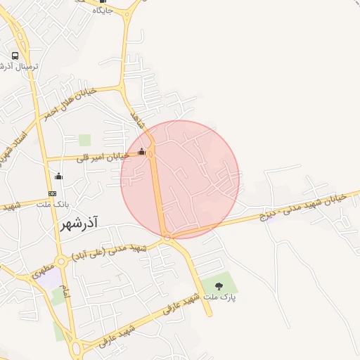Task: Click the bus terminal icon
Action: tap(15, 56)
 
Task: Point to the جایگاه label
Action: tap(103, 10)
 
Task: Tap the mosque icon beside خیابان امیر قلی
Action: tap(142, 151)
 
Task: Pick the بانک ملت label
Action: tap(51, 204)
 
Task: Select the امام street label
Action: tap(65, 295)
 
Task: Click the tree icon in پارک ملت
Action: tap(219, 286)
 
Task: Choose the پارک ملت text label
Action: tap(219, 297)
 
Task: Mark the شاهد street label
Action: tap(136, 121)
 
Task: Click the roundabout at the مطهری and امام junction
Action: tap(61, 262)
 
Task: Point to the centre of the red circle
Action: tap(180, 180)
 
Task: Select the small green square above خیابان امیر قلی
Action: tap(85, 140)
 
